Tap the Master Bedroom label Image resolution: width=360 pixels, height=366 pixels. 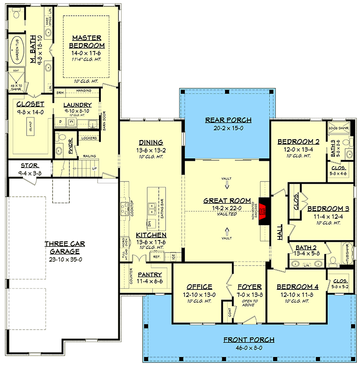point(87,42)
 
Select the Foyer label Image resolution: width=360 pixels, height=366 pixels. point(246,287)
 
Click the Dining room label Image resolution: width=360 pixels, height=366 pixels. point(151,143)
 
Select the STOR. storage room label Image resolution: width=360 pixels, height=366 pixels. point(29,165)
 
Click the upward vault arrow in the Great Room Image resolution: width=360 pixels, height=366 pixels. point(227,231)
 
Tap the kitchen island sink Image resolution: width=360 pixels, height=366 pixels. point(151,209)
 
